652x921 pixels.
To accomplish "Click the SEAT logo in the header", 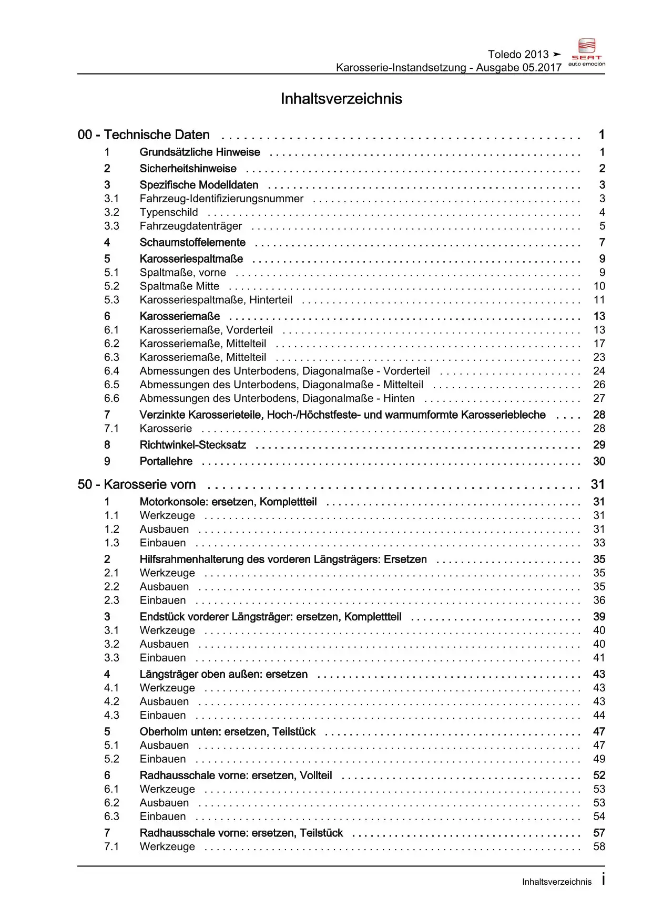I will click(x=586, y=52).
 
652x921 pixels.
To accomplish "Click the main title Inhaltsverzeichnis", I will click(x=341, y=99).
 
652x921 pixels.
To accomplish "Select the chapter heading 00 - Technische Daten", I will click(x=144, y=135).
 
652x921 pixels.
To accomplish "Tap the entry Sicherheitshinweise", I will click(x=188, y=169).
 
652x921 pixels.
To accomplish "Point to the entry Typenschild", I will click(x=169, y=212).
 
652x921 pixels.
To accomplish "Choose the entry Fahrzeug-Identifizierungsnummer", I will click(x=221, y=199).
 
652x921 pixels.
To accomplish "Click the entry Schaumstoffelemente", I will click(x=192, y=243).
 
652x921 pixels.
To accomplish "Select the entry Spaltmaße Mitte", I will click(x=179, y=286).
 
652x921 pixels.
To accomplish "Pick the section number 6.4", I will click(x=111, y=371).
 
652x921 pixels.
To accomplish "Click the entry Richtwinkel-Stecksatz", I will click(x=192, y=445).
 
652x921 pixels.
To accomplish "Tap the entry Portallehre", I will click(x=166, y=461).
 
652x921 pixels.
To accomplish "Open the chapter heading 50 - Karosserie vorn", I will click(x=137, y=484).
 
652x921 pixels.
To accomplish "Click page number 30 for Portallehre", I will click(x=599, y=461).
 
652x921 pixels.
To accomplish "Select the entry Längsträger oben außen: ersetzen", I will click(x=223, y=674).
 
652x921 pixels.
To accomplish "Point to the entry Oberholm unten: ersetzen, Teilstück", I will click(x=227, y=732).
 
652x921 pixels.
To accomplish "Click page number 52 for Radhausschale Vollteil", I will click(x=599, y=775).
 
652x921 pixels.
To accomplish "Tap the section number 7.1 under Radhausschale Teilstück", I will click(x=111, y=846).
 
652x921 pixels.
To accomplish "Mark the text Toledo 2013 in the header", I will click(x=518, y=54).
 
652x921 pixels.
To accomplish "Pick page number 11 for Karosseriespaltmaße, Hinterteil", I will click(x=599, y=300).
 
